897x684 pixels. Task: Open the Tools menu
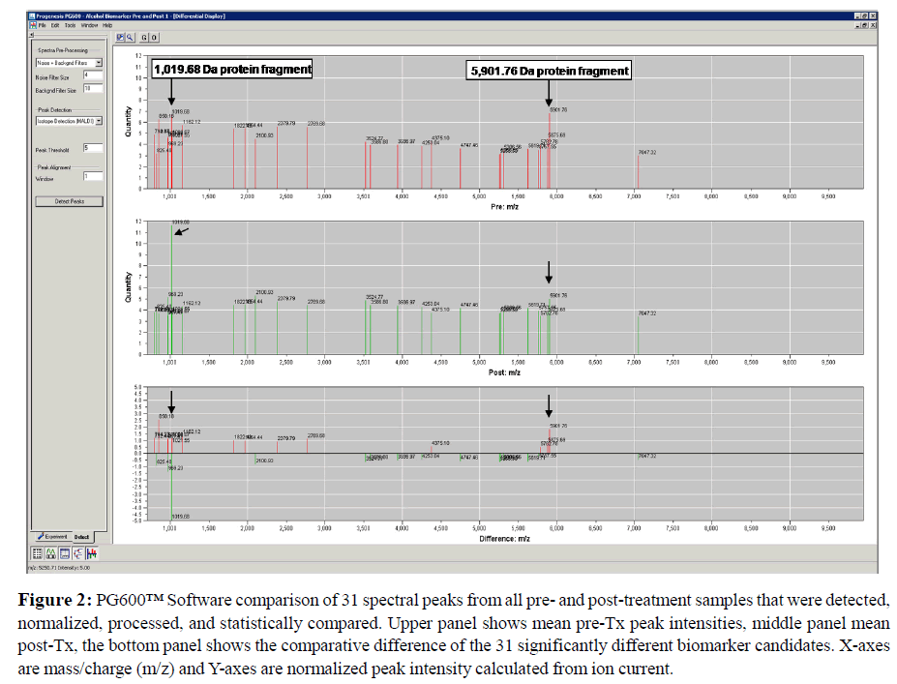[70, 25]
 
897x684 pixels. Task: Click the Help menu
[107, 25]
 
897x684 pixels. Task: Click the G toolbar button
[143, 37]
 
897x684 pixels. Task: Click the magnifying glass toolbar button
[129, 37]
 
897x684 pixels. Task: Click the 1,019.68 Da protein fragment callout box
[232, 69]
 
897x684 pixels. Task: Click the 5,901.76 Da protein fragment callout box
[550, 71]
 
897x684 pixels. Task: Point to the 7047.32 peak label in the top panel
[647, 152]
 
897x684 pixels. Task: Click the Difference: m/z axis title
[504, 537]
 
